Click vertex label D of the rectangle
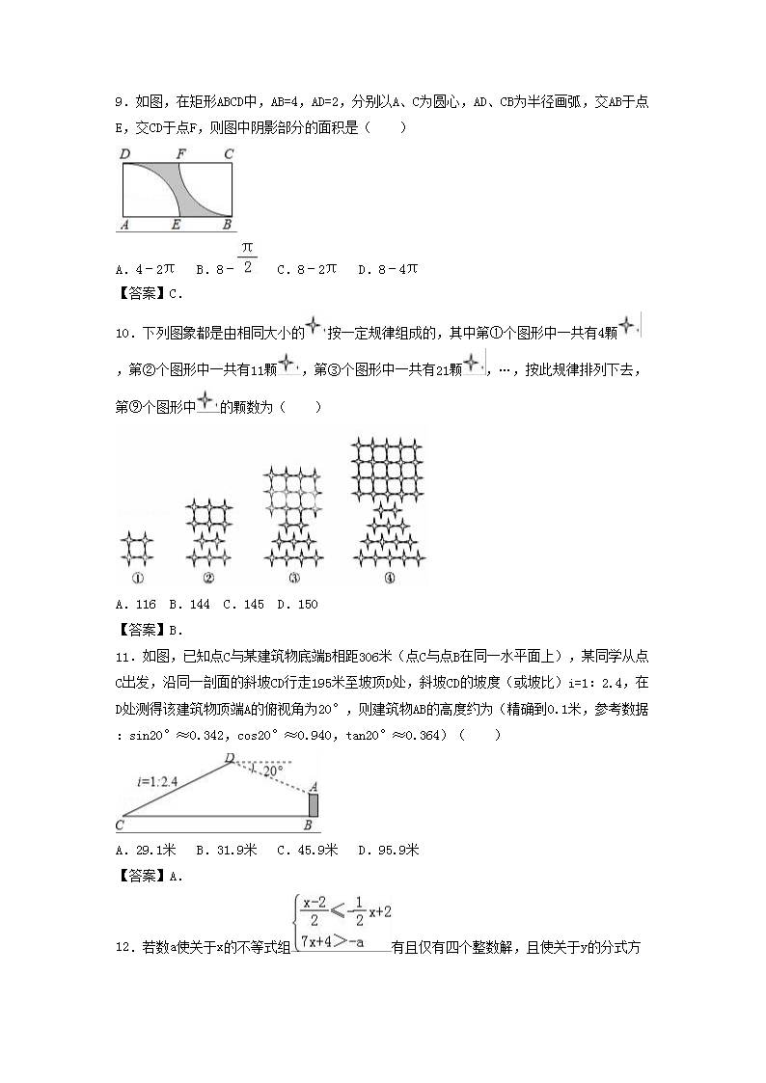point(124,153)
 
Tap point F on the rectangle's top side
point(179,153)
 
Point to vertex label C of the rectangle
point(229,153)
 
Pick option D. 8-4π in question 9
point(387,269)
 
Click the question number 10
point(124,334)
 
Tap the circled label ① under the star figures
point(137,579)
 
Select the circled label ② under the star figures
point(208,579)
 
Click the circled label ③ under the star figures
point(293,579)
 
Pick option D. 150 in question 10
point(297,605)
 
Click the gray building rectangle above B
point(313,804)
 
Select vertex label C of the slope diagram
point(120,826)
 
